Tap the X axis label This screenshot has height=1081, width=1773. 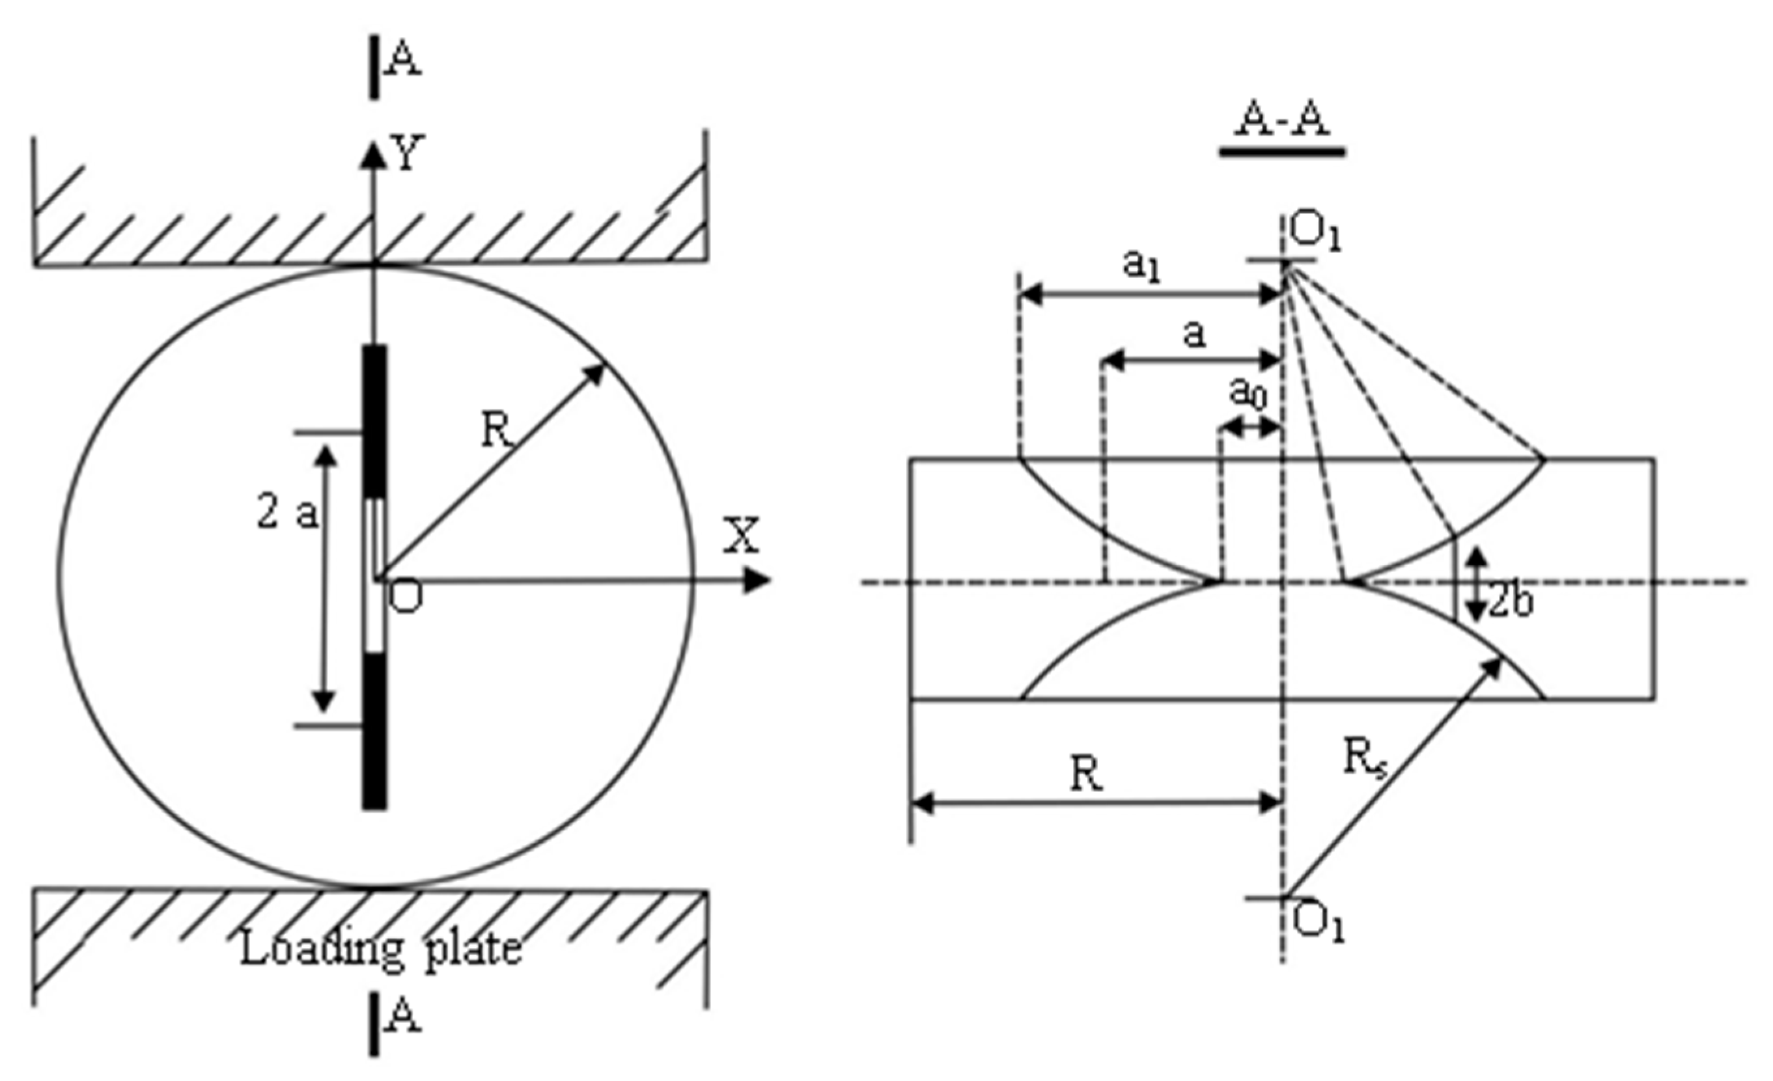(x=740, y=536)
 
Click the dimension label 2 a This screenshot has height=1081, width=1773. (x=287, y=514)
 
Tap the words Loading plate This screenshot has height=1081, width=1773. (x=380, y=950)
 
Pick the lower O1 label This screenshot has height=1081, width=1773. (x=1317, y=923)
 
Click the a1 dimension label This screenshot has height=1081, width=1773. (x=1142, y=267)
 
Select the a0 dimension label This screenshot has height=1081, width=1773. (x=1248, y=394)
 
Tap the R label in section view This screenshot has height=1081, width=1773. (x=1087, y=774)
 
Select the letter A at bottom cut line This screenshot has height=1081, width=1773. (x=403, y=1018)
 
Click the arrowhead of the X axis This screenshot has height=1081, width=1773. (x=757, y=581)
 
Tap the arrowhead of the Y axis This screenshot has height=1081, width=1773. (x=372, y=153)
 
